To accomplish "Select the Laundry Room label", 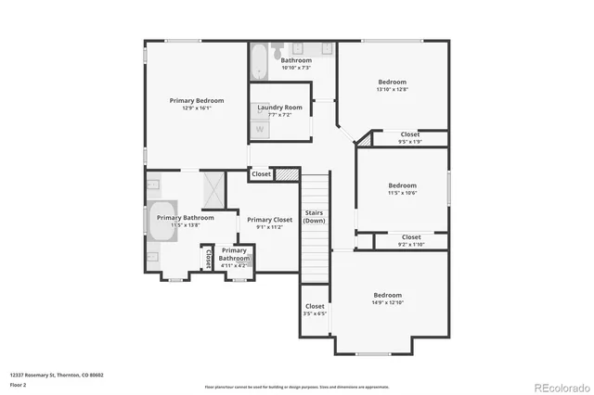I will (279, 108).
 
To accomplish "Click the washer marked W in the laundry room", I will (259, 128).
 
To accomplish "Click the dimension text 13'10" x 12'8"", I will (393, 89).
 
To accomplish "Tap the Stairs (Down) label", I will (315, 216).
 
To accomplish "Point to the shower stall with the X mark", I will (213, 189).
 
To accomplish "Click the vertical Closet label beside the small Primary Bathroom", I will (209, 258).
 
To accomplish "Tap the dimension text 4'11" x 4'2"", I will (234, 265).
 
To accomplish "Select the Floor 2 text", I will (19, 384).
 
